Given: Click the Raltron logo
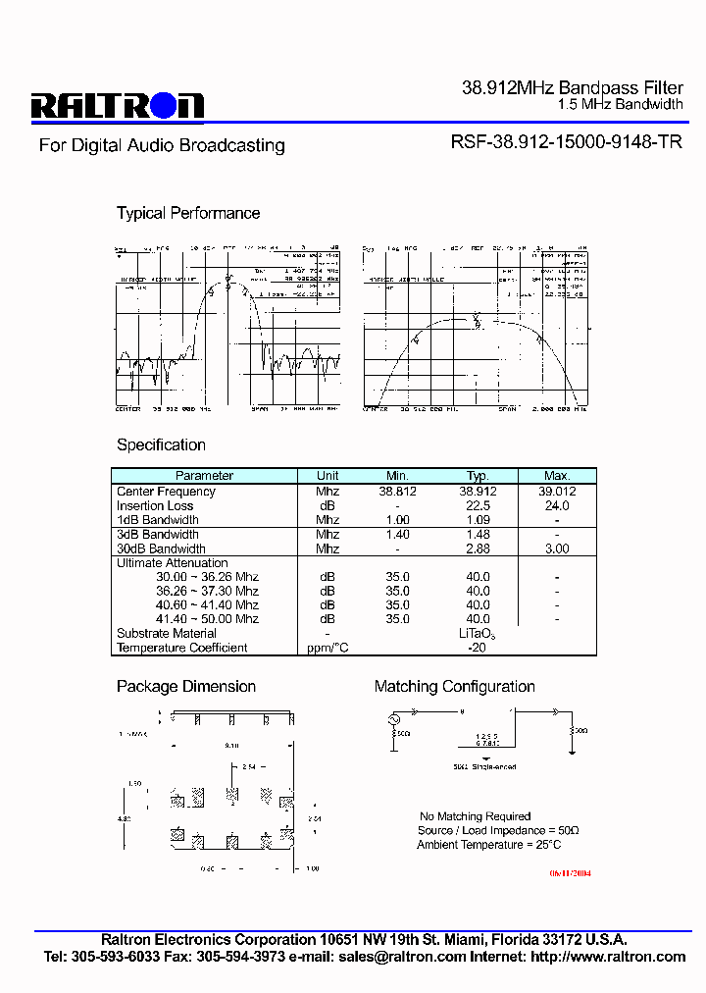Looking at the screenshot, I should [117, 105].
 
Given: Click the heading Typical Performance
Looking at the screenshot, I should [188, 213].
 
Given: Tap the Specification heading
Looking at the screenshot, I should [161, 444].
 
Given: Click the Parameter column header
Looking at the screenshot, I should [204, 476].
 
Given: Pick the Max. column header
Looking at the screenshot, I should [556, 476].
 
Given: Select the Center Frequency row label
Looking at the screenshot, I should [166, 492].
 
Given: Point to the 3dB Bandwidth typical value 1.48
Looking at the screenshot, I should [478, 535].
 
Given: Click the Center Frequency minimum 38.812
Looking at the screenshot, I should [397, 492].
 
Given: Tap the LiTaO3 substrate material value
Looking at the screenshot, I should [477, 635].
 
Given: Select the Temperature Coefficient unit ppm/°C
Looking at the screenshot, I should [328, 648].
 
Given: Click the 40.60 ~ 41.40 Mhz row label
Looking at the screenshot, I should [207, 605].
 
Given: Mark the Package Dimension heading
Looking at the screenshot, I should [186, 687].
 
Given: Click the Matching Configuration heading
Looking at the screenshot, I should [455, 687].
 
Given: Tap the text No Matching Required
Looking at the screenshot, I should [476, 816].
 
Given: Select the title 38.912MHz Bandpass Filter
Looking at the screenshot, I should [573, 88].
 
